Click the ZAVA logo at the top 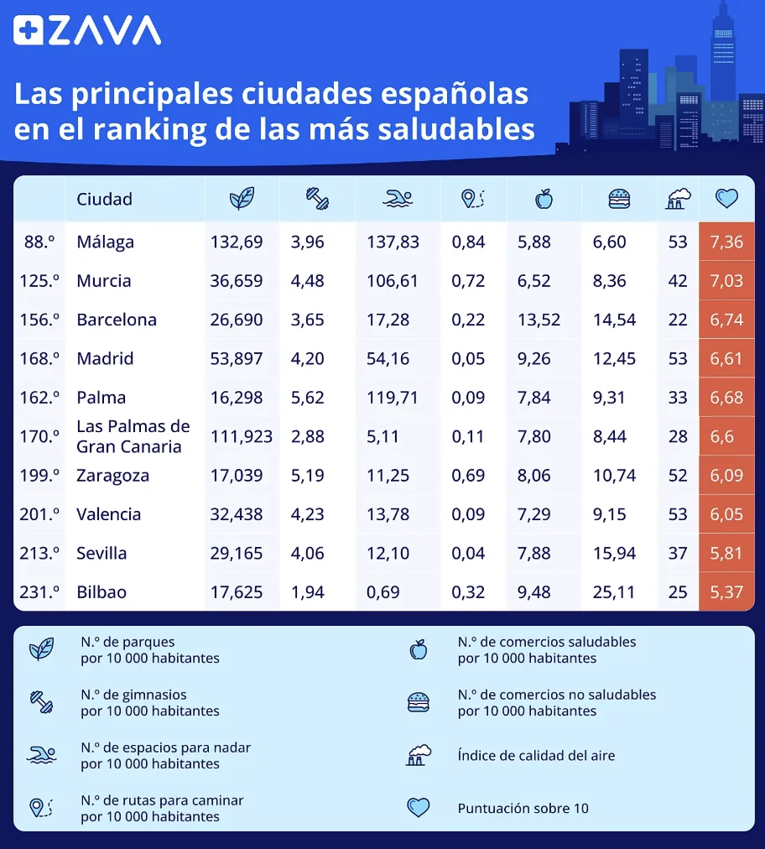coord(87,31)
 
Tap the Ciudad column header coord(104,199)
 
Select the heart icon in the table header coord(726,199)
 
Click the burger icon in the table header coord(619,199)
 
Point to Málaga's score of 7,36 coord(726,242)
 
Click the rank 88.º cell coord(39,242)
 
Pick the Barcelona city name coord(116,320)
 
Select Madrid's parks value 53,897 coord(236,359)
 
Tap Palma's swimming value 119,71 coord(392,398)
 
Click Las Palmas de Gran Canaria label coord(133,436)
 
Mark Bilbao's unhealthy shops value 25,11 coord(614,592)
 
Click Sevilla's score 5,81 coord(726,554)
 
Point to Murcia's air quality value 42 coord(678,281)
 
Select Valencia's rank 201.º coord(39,514)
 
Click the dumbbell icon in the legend coord(41,702)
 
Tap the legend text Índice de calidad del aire coord(536,756)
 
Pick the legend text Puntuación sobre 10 coord(523,809)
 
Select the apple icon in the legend coord(418,649)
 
